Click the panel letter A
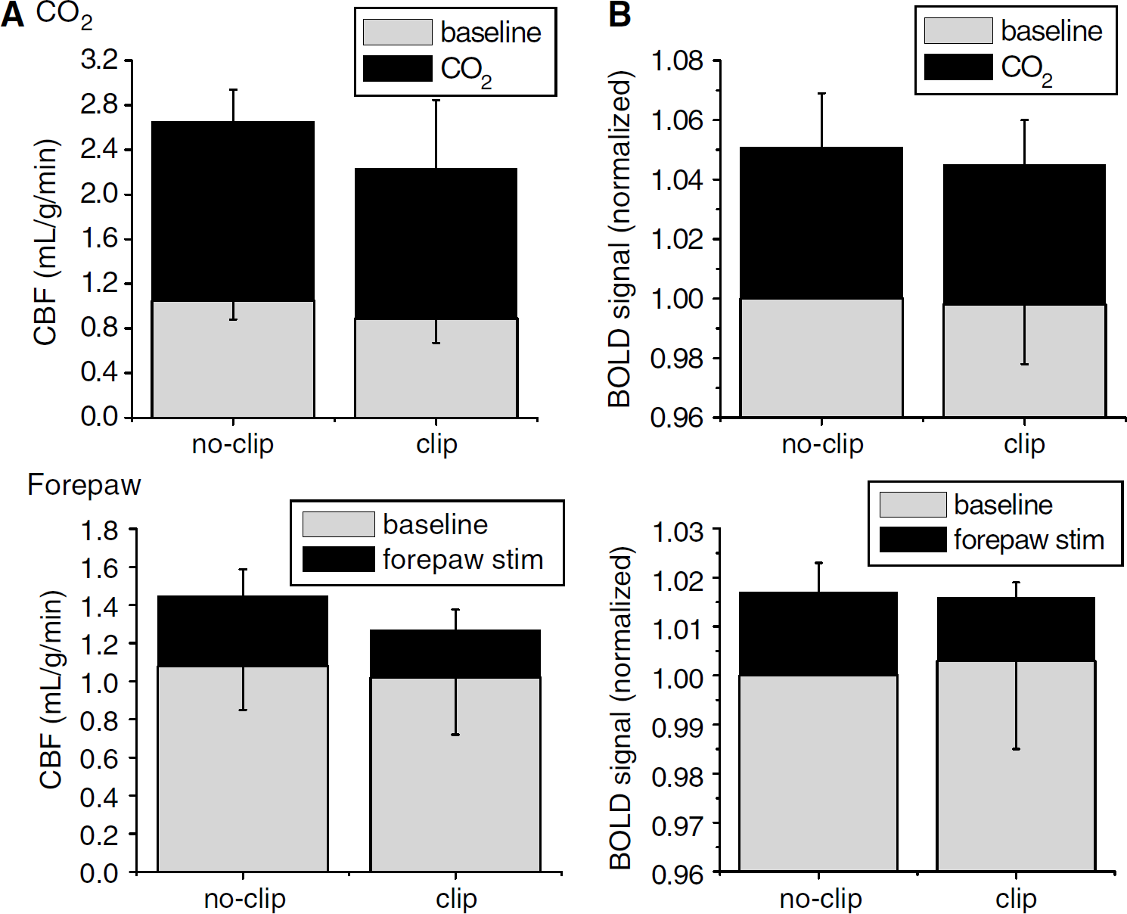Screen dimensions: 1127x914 [x=13, y=17]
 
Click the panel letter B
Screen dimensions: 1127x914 [x=619, y=15]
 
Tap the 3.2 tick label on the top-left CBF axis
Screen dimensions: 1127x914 [x=100, y=60]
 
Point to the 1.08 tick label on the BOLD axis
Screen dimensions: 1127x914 [x=677, y=61]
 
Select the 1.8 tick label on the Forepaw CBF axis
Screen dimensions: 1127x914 [x=100, y=529]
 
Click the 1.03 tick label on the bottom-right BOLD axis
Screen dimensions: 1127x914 [x=678, y=531]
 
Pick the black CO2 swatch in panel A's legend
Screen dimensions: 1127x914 [x=397, y=69]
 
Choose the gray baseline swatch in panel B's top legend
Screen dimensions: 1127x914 [x=958, y=31]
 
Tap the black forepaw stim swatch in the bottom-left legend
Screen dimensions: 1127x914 [x=339, y=559]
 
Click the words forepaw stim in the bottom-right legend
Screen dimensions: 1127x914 [x=1029, y=539]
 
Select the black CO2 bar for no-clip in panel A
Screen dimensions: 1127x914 [x=233, y=211]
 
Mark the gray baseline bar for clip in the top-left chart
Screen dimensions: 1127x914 [x=436, y=368]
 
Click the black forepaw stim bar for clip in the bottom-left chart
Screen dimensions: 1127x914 [x=455, y=654]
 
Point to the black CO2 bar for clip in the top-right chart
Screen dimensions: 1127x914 [x=1024, y=235]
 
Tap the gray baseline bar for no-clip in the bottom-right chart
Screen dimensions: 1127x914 [x=818, y=773]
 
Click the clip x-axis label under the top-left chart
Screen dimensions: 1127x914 [x=436, y=445]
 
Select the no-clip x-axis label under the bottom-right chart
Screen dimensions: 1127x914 [x=821, y=899]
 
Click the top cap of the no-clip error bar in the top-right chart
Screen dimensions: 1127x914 [x=821, y=94]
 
